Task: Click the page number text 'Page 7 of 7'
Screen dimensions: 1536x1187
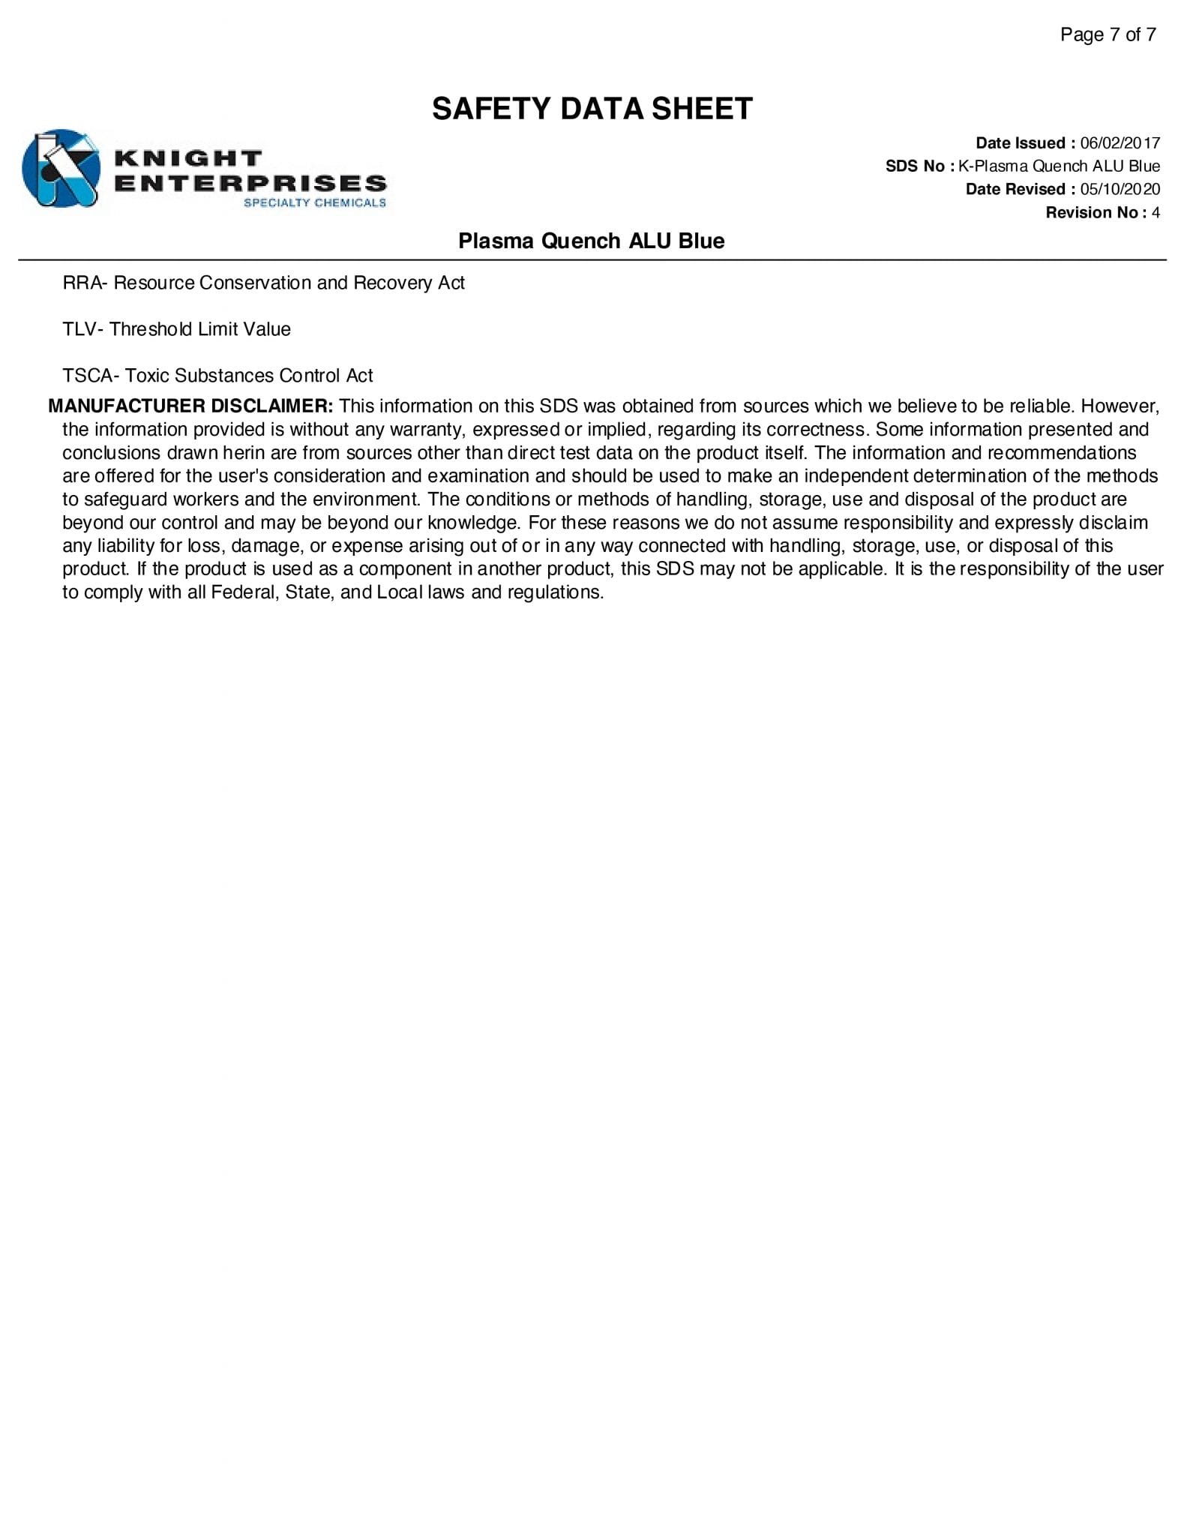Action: coord(1108,34)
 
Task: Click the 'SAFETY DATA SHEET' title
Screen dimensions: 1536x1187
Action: coord(592,109)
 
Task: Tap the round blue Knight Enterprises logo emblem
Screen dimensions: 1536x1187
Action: coord(61,169)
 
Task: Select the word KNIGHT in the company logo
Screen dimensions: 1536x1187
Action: coord(188,159)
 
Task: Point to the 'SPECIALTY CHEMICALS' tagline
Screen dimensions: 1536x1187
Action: coord(314,202)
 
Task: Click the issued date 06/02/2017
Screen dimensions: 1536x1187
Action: coord(1120,143)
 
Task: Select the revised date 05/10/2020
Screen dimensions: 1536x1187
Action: coord(1120,190)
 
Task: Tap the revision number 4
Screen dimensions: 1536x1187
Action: coord(1156,213)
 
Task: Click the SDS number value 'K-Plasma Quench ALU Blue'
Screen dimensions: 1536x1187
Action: coord(1059,166)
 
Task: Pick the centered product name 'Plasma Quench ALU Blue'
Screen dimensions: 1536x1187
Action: coord(591,241)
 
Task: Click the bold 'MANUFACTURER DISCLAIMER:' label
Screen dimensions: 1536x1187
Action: coord(190,406)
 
